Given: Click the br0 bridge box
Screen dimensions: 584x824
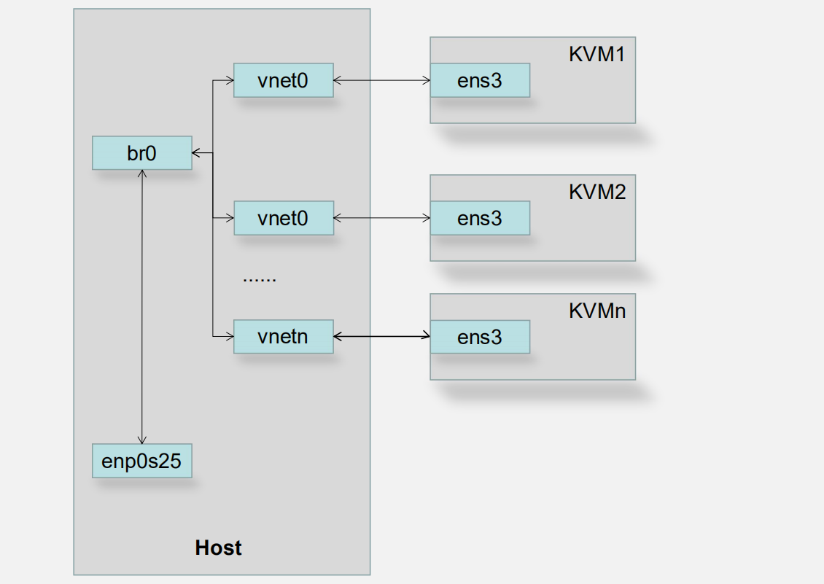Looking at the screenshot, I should click(x=141, y=153).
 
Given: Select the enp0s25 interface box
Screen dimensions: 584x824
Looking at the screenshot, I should click(x=141, y=461).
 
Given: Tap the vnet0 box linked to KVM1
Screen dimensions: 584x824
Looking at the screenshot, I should click(x=283, y=81).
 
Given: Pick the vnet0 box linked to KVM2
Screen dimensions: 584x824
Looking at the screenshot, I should click(x=283, y=218).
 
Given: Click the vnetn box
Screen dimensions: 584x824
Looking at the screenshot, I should click(x=283, y=337).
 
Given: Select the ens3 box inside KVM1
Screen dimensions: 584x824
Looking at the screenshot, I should click(x=479, y=81).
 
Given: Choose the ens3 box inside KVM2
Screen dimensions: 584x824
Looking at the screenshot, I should click(x=479, y=218).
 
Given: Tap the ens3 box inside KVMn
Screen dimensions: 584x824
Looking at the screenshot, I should click(x=479, y=337).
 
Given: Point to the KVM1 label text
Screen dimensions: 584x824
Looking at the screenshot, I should click(x=596, y=55).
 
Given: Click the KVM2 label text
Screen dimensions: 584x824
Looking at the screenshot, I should click(x=596, y=192).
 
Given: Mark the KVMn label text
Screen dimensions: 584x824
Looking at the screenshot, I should click(x=596, y=311).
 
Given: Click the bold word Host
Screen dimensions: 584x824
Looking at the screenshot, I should click(x=218, y=548).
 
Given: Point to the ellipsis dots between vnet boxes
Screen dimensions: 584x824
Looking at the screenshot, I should click(x=259, y=279).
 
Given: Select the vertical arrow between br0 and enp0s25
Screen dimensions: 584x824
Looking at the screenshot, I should click(x=141, y=306).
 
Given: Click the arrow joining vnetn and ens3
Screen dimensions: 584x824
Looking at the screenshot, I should click(x=381, y=336).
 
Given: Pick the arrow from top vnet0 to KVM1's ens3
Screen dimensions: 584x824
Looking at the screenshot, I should click(x=381, y=81).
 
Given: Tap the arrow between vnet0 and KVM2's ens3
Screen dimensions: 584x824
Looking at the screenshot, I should click(x=381, y=218).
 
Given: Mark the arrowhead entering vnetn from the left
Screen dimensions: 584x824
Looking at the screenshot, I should click(x=229, y=336).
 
